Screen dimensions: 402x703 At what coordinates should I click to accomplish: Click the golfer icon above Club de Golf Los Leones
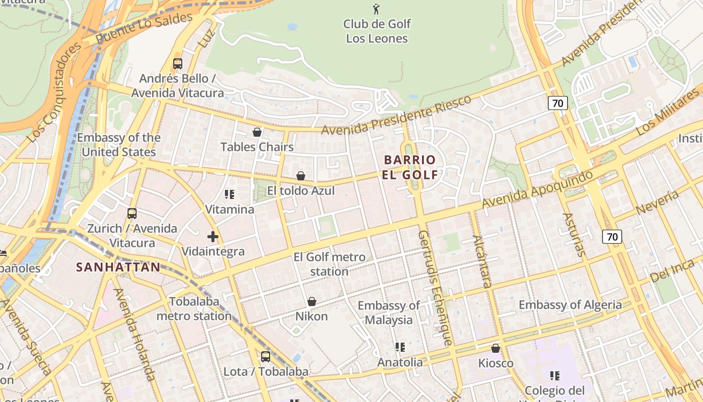coord(376,9)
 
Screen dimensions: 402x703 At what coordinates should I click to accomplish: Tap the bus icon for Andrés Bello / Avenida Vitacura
coord(178,64)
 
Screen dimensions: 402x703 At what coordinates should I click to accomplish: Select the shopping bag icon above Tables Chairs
coord(257,132)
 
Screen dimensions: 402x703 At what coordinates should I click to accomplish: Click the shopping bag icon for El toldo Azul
coord(300,176)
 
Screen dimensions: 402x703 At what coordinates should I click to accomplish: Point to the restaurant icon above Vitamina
coord(229,194)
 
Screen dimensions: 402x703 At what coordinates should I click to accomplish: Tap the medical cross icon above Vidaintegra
coord(213,236)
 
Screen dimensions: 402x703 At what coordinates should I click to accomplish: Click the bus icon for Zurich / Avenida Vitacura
coord(132,214)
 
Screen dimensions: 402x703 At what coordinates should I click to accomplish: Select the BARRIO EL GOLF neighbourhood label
coord(410,167)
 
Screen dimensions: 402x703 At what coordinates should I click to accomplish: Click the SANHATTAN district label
coord(118,267)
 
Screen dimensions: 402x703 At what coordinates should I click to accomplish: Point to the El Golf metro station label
coord(329,264)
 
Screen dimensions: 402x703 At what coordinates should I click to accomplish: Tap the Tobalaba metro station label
coord(194,309)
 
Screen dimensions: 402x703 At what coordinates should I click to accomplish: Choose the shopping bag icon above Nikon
coord(311,301)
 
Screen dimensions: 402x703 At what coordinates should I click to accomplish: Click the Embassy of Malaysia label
coord(389,313)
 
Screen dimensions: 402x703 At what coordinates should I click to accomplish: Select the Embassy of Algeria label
coord(570,305)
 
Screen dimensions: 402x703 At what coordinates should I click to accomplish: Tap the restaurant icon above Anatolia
coord(400,347)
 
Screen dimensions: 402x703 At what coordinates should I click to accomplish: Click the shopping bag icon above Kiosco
coord(496,348)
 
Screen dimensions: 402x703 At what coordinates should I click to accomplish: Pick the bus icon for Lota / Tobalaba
coord(265,357)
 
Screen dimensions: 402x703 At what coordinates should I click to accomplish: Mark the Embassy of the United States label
coord(119,145)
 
